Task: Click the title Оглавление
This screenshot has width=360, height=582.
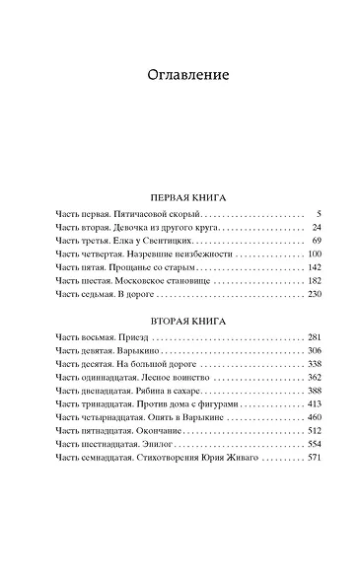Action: (180, 75)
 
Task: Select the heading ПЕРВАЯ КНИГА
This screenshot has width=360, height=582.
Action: (180, 196)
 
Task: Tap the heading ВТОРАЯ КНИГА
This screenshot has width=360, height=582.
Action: (180, 322)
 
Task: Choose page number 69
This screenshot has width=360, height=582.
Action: (317, 241)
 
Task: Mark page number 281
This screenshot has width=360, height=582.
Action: (315, 338)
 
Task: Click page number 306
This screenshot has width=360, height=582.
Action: (315, 351)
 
